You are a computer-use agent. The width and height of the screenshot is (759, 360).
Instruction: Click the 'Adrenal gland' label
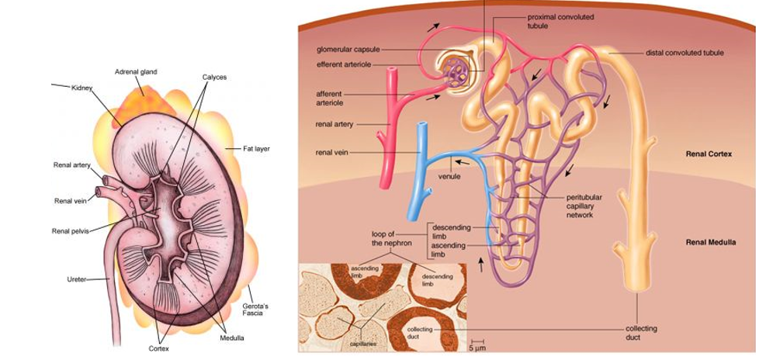coord(136,71)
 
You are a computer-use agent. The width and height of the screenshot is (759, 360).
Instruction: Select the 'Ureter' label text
coord(76,279)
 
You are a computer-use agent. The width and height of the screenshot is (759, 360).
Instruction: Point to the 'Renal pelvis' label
coord(71,230)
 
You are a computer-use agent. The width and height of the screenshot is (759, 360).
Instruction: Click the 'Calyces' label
coord(214,78)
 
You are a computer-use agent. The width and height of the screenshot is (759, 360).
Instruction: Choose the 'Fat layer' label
coord(256,148)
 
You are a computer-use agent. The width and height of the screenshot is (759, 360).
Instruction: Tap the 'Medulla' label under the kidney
coord(232,338)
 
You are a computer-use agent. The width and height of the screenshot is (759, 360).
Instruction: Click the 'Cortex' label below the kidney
coord(159,348)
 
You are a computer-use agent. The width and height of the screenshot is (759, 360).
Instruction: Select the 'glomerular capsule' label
coord(348,49)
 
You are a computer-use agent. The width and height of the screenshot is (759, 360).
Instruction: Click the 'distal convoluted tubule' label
coord(684,53)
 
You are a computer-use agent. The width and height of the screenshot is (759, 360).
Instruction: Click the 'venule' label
coord(450,177)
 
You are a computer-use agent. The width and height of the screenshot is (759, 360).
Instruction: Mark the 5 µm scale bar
coord(478,342)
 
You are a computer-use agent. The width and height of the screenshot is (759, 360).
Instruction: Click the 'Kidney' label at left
coord(81,88)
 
